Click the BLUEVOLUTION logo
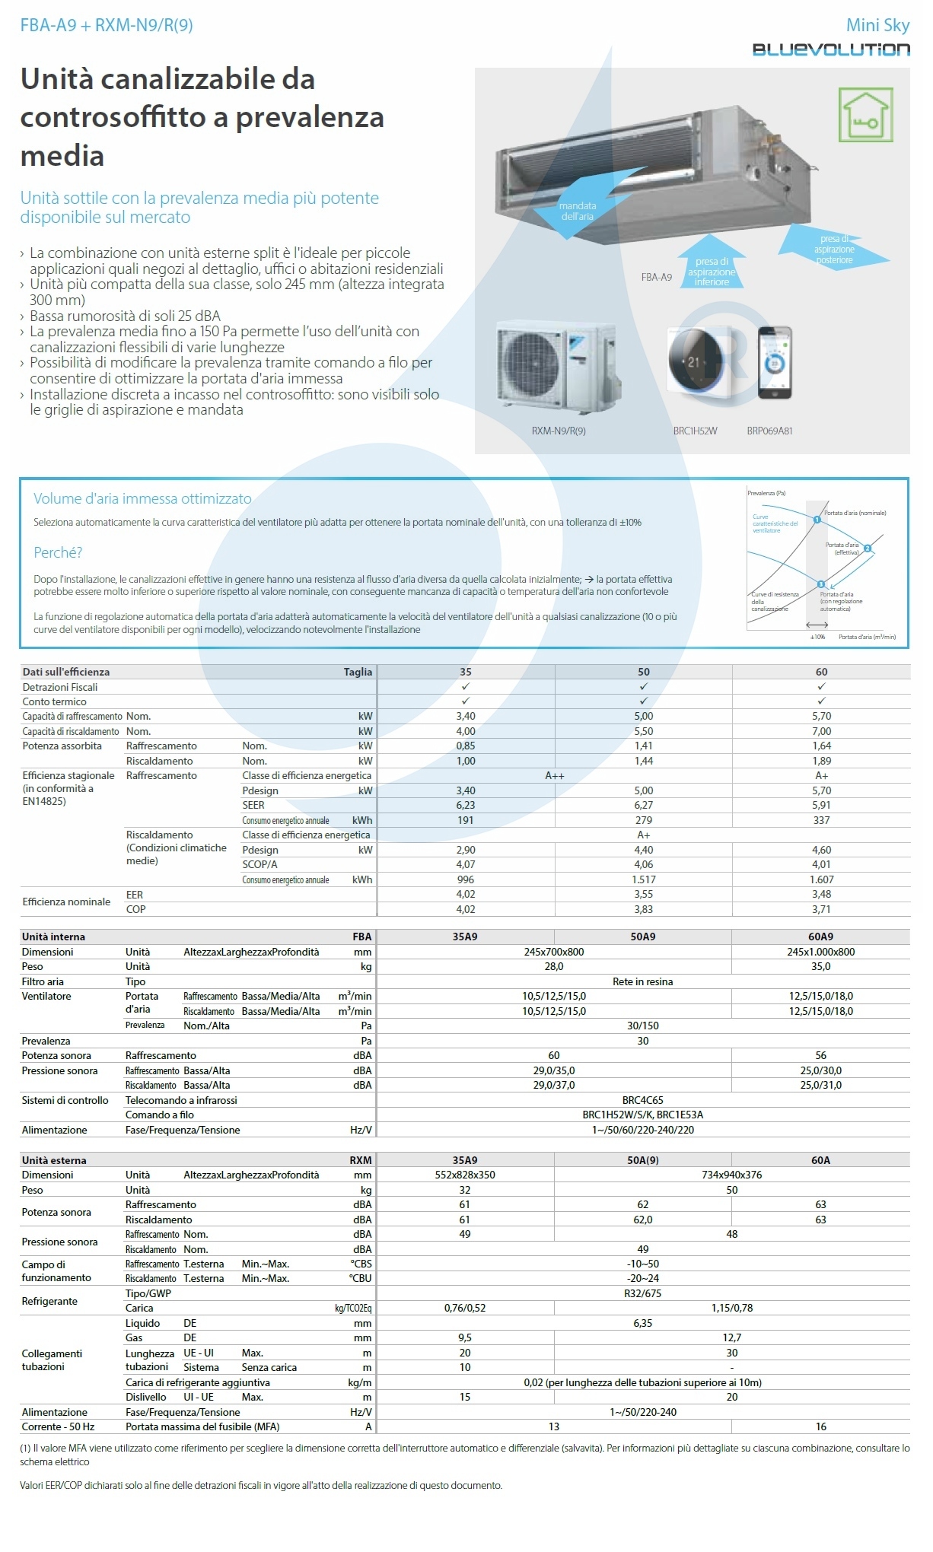[831, 49]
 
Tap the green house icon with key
[865, 115]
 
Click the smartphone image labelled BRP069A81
[774, 363]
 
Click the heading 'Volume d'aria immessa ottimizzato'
[142, 499]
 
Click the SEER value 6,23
[466, 805]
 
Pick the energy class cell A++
[555, 776]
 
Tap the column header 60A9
[820, 937]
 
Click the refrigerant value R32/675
[643, 1293]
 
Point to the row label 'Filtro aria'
[43, 981]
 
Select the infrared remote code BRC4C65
[643, 1100]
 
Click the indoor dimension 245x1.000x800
[821, 952]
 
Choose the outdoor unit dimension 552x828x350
[465, 1175]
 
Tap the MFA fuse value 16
[821, 1426]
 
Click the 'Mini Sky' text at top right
[877, 25]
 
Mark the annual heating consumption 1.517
[644, 879]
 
